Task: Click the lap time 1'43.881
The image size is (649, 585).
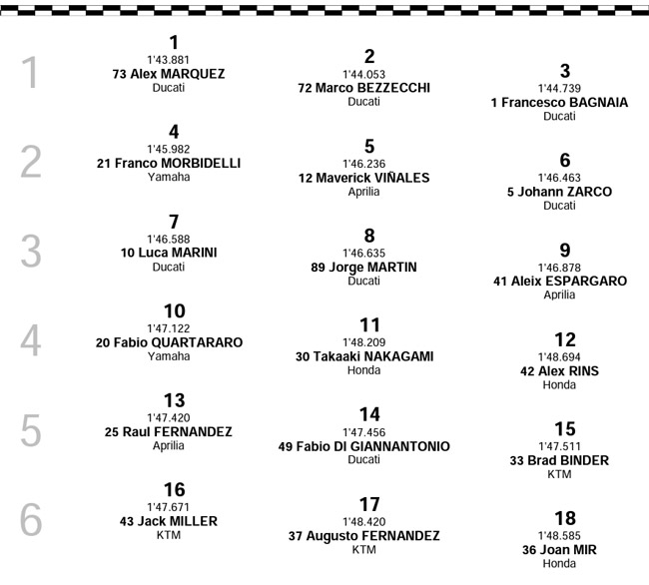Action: click(x=169, y=60)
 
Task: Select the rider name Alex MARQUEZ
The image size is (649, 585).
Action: click(x=178, y=74)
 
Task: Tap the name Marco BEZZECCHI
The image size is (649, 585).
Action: click(x=373, y=88)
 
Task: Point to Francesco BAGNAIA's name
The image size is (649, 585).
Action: click(x=564, y=103)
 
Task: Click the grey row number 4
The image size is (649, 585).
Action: click(x=31, y=340)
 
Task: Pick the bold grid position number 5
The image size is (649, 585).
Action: click(x=369, y=147)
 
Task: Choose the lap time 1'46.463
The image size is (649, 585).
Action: click(x=559, y=178)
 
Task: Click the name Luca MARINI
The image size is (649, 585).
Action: click(x=178, y=253)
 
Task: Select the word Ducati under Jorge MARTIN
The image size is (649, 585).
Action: click(x=363, y=281)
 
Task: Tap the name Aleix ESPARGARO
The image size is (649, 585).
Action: click(x=569, y=282)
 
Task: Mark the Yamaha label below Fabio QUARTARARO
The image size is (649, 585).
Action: click(x=169, y=356)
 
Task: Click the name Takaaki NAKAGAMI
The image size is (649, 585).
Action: click(x=373, y=356)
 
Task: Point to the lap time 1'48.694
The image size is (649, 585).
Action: click(x=559, y=357)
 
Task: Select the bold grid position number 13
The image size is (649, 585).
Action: click(x=175, y=401)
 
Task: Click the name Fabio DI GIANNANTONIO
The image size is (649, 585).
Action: click(x=373, y=447)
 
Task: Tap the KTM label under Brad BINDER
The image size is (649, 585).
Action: click(x=559, y=474)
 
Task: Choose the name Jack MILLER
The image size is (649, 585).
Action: click(x=178, y=521)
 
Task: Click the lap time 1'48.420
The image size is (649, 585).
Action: click(x=363, y=522)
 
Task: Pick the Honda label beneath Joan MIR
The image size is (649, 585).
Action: click(x=559, y=564)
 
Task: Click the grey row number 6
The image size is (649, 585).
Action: click(x=31, y=520)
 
